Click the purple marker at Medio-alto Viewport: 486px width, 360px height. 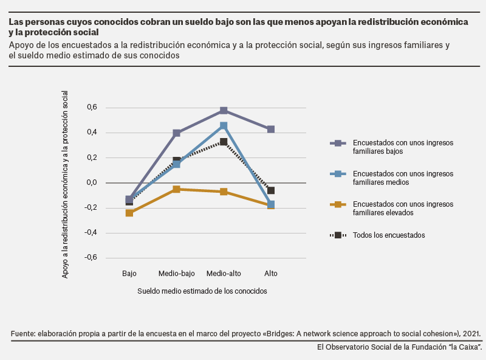coord(224,111)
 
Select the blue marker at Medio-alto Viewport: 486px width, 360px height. coord(224,126)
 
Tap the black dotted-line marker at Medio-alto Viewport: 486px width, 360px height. coord(224,142)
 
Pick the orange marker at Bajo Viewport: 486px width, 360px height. coord(129,213)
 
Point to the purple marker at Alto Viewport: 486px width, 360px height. coord(270,129)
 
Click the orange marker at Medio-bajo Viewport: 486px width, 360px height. coord(176,189)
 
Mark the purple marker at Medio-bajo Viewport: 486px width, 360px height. coord(176,133)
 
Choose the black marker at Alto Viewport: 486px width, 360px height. coord(270,190)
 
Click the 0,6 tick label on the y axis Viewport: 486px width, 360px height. coord(92,108)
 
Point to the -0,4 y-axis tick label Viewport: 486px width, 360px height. coord(91,232)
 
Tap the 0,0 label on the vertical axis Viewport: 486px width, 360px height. coord(92,182)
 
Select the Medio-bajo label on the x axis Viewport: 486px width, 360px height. coord(176,274)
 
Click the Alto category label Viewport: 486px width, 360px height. coord(270,274)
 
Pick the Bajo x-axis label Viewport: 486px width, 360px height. coord(129,274)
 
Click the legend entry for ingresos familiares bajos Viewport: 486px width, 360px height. coord(392,147)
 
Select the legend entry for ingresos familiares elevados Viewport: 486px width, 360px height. coord(392,208)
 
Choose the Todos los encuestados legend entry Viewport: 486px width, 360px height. coord(377,235)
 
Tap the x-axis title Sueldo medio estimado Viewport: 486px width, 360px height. coord(202,291)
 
